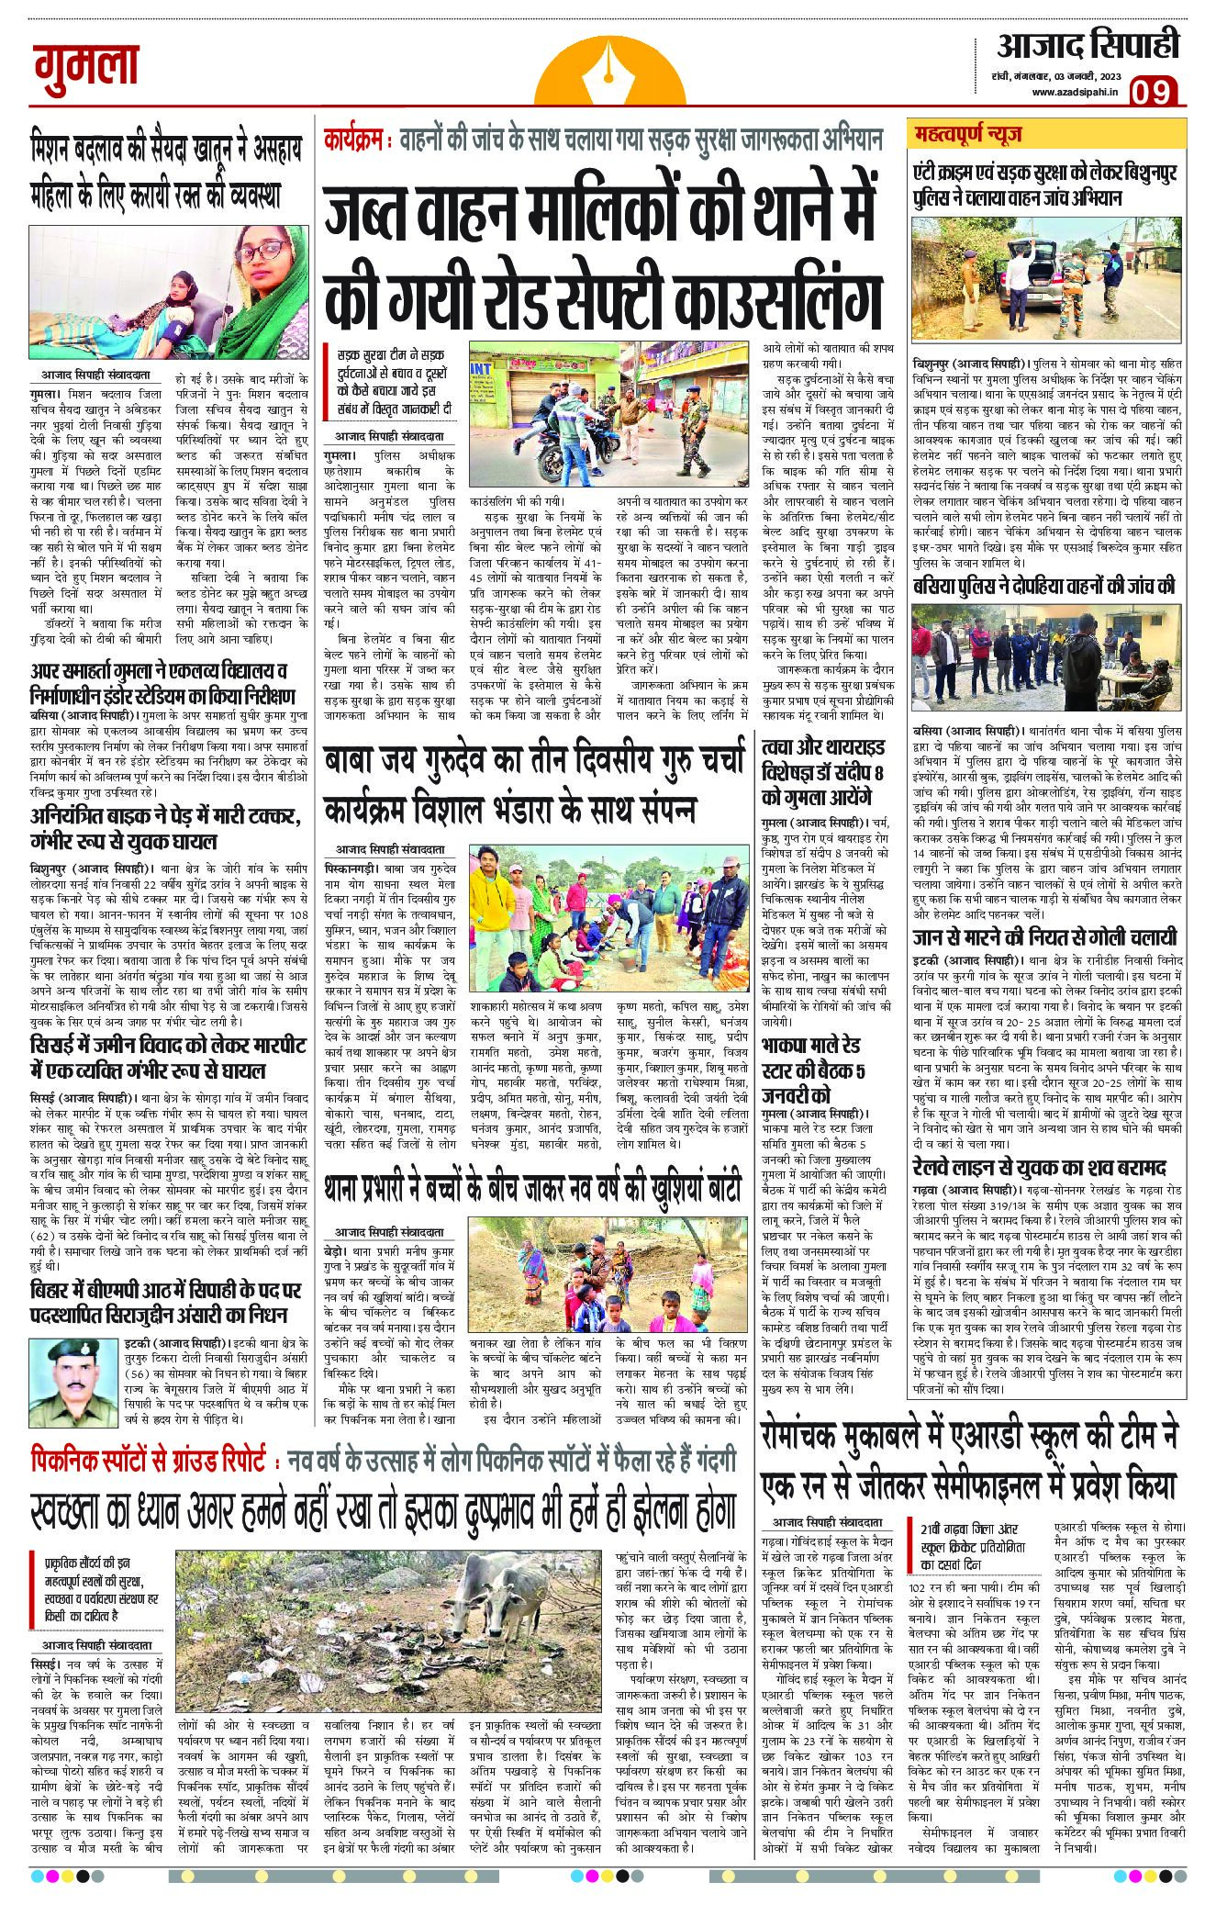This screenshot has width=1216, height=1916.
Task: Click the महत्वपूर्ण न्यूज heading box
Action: (974, 137)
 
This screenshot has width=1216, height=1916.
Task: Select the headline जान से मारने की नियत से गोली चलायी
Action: (1044, 937)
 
